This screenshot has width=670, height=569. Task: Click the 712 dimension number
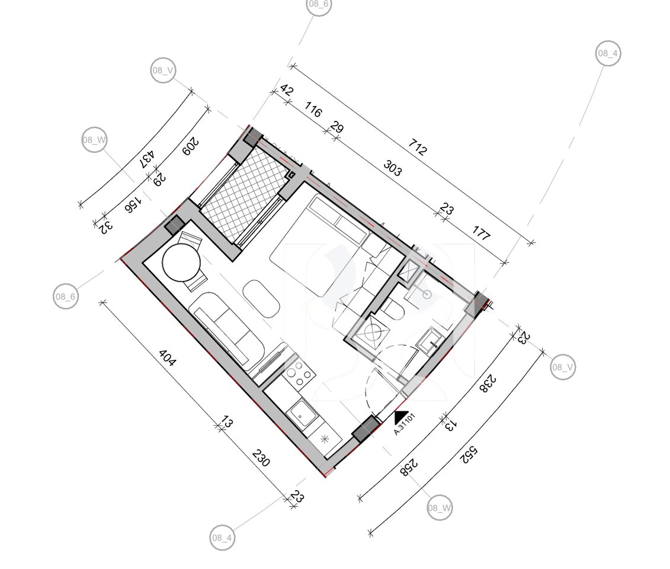coord(417,146)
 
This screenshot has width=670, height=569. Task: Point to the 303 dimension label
coord(393,168)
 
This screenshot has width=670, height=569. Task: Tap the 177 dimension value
coord(481,233)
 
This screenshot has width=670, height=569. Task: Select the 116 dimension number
coord(313,110)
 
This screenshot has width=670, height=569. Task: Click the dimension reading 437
coord(148,159)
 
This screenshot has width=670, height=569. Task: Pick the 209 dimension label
coord(190,146)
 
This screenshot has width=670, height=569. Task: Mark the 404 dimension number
coord(167,358)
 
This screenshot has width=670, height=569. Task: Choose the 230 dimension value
coord(261,458)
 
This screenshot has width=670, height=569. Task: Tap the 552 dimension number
coord(469,455)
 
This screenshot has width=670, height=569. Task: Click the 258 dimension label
coord(409,467)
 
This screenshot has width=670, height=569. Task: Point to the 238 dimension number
coord(488,383)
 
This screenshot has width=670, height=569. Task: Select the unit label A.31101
coord(404,424)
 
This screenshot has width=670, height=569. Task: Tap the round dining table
coord(181,263)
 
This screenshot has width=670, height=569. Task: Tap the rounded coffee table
coord(261,299)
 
